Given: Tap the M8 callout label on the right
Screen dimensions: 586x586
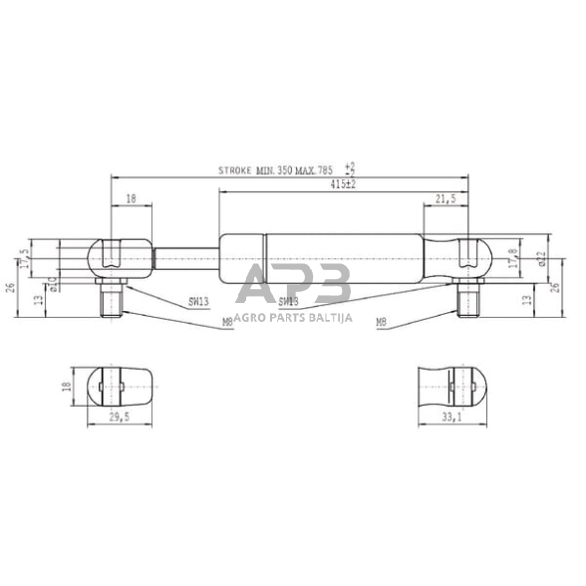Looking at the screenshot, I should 381,322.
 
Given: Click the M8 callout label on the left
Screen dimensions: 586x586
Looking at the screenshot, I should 227,321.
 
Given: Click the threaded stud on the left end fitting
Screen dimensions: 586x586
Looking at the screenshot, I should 109,296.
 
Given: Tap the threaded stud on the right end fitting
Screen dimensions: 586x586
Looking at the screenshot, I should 467,296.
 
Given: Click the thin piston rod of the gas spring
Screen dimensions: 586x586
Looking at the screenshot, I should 185,257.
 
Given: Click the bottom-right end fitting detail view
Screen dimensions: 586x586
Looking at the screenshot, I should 454,385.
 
